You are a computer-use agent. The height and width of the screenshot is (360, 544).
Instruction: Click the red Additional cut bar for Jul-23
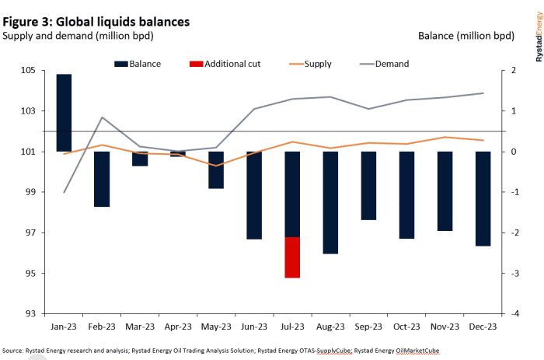point(292,257)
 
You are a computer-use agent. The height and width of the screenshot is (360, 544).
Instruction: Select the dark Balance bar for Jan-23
point(65,113)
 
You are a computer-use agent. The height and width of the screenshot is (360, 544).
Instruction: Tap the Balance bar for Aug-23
point(330,202)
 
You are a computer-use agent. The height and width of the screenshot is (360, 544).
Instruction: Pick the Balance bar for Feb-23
point(102,179)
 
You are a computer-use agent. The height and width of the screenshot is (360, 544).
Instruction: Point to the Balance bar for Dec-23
point(483,198)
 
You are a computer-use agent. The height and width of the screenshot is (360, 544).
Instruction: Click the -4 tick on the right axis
point(514,314)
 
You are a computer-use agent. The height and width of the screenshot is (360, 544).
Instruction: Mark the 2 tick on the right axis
point(514,71)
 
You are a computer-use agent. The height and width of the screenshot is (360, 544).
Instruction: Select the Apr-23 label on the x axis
point(178,327)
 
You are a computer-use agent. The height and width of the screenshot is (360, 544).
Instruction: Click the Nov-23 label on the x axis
point(445,327)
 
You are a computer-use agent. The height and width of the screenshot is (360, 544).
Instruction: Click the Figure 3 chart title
point(96,22)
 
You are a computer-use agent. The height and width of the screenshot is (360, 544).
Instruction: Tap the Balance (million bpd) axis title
point(466,36)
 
